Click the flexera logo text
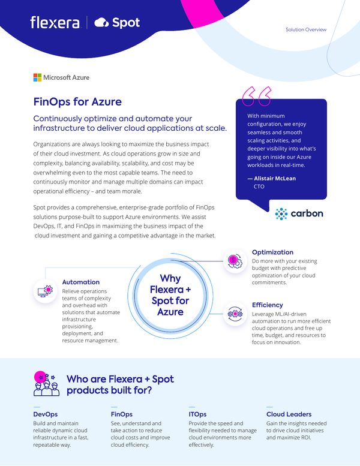click(x=55, y=23)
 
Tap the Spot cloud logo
click(x=101, y=23)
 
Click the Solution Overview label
click(x=306, y=29)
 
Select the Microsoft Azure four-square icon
click(x=37, y=77)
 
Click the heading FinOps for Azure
click(x=77, y=101)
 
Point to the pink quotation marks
click(x=256, y=95)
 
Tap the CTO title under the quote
click(x=259, y=187)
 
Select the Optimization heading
click(x=272, y=252)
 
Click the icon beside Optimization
click(x=233, y=260)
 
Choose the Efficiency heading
click(x=267, y=305)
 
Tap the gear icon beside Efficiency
click(x=233, y=313)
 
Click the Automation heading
click(x=81, y=282)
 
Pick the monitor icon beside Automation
click(x=44, y=291)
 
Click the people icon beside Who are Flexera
click(x=46, y=384)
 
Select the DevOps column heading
click(x=46, y=414)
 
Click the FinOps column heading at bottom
click(x=122, y=414)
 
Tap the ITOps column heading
click(x=197, y=414)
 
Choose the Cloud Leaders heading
click(x=289, y=414)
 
